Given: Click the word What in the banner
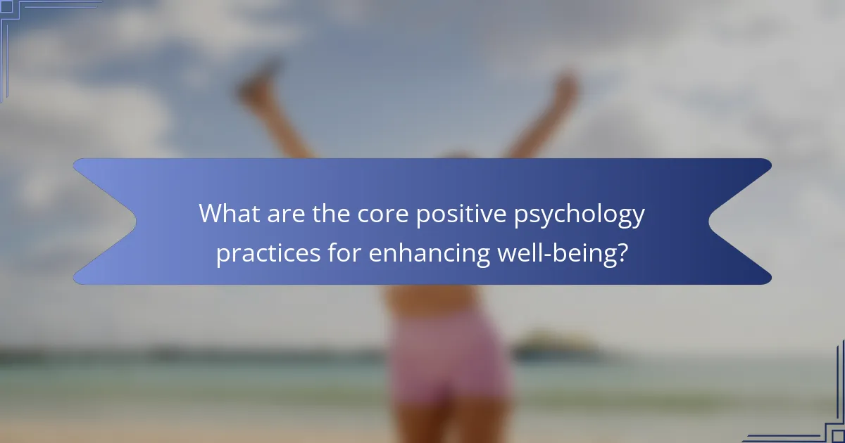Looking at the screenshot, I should click(228, 213).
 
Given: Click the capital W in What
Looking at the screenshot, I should click(211, 213).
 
